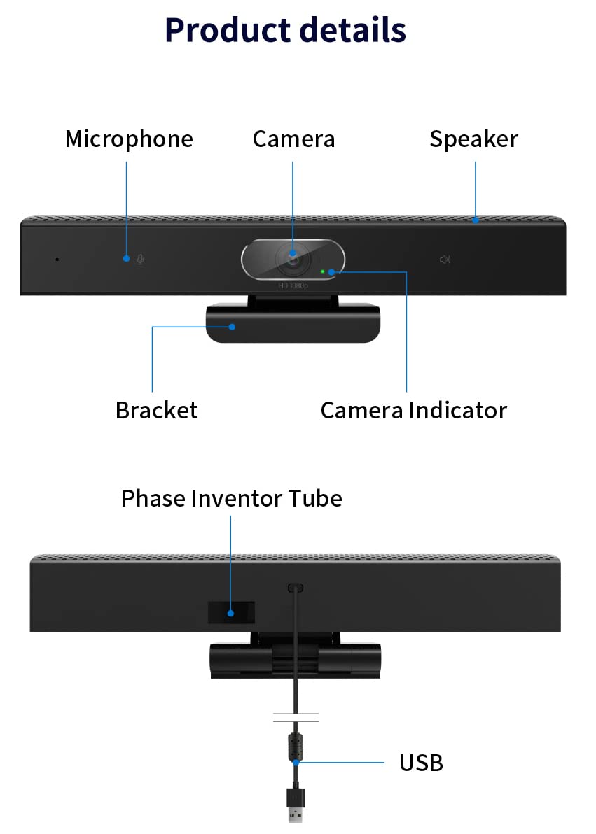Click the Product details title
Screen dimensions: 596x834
(286, 30)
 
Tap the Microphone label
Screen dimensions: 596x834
(129, 139)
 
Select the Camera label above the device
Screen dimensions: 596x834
(293, 139)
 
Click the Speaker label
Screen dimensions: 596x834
(473, 139)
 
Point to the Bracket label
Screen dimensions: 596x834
(157, 410)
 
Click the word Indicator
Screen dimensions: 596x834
(458, 410)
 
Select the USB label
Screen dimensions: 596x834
(421, 763)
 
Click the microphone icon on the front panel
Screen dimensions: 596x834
(140, 259)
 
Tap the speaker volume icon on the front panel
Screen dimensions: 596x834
(445, 260)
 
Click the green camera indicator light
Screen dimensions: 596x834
(322, 271)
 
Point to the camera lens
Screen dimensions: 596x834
(293, 259)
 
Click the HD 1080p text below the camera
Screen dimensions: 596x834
(293, 285)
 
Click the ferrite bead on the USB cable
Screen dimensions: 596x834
(296, 747)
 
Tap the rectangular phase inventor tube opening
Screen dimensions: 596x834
(231, 612)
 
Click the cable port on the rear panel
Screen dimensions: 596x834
(295, 588)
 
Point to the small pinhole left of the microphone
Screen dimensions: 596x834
(57, 260)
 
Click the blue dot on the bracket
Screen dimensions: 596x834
(232, 327)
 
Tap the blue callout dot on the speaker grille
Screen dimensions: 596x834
(475, 220)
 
